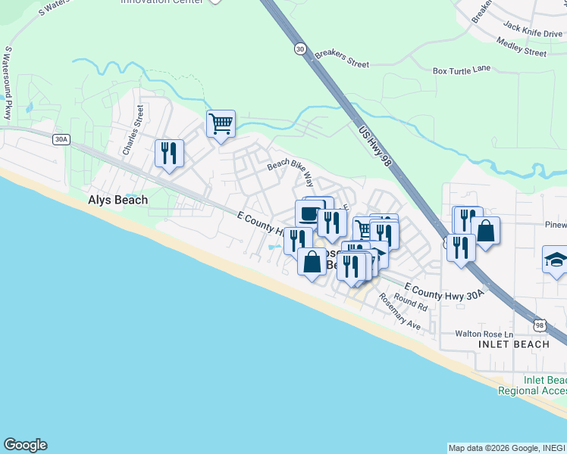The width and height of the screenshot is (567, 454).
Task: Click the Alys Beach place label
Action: point(117,201)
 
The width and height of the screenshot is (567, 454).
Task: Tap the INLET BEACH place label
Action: point(514,344)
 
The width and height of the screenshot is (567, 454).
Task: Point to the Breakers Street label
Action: point(341,54)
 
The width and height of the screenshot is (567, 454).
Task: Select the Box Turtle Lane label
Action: point(462,70)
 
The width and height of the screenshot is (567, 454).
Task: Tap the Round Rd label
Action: point(411,304)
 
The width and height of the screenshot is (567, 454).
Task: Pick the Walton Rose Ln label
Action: point(484,334)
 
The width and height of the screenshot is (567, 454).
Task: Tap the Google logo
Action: point(25,445)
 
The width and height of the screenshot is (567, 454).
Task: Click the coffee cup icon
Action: point(309,213)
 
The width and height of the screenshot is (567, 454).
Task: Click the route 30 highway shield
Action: point(301,48)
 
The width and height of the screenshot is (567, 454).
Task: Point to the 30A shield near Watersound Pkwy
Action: point(61,139)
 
